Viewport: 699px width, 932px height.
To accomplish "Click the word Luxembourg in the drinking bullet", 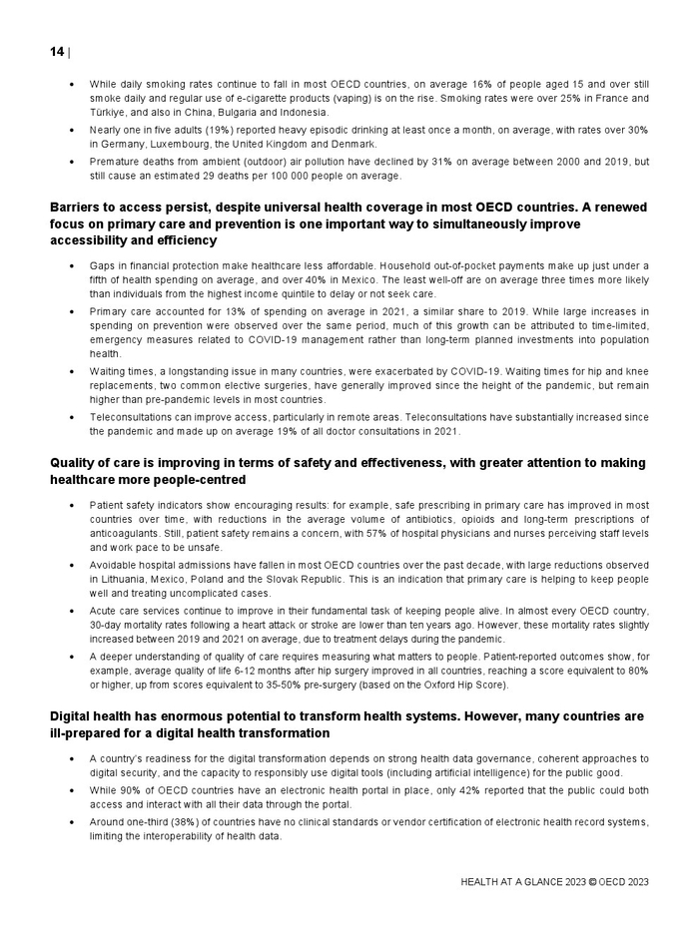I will click(183, 144).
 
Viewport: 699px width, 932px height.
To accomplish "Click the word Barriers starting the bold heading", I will click(77, 208).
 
